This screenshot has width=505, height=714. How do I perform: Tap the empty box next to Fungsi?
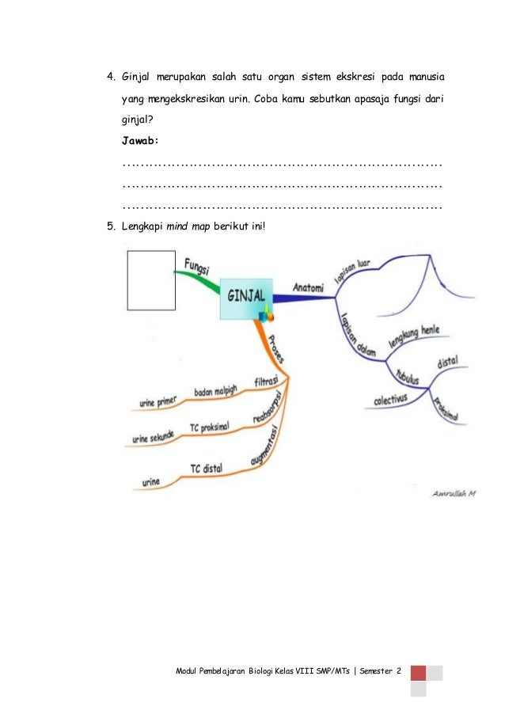[151, 280]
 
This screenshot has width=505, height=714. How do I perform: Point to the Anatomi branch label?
[308, 288]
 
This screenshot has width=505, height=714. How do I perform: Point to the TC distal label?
[206, 469]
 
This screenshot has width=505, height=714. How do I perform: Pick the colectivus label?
[391, 400]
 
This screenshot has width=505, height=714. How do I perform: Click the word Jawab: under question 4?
[140, 140]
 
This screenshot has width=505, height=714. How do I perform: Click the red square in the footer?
[419, 673]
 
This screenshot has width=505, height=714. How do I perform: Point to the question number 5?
[111, 226]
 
